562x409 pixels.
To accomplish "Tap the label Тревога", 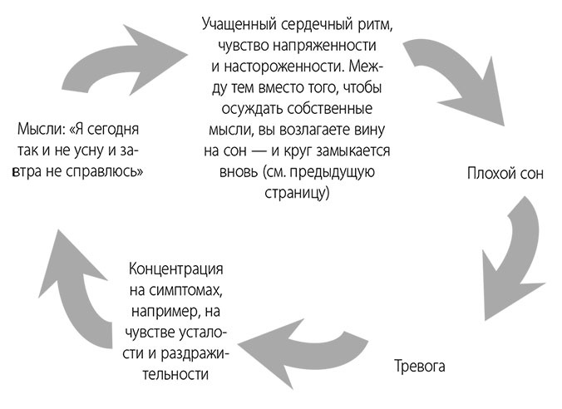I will [420, 365].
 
